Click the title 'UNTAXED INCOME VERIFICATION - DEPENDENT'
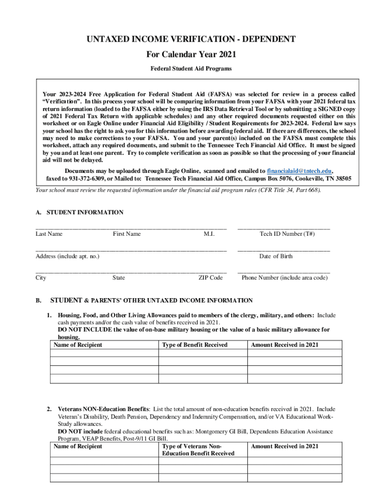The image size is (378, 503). tap(189, 39)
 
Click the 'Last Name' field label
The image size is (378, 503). tap(49, 234)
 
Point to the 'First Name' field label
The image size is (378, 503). tap(127, 234)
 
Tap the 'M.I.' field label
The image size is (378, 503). tap(209, 234)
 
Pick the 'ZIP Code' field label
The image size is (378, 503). tap(211, 278)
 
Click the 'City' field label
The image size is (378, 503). tap(41, 278)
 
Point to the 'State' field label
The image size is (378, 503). tap(118, 278)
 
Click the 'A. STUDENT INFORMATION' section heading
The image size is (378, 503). tap(80, 213)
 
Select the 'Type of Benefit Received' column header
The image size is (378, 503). tap(195, 345)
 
